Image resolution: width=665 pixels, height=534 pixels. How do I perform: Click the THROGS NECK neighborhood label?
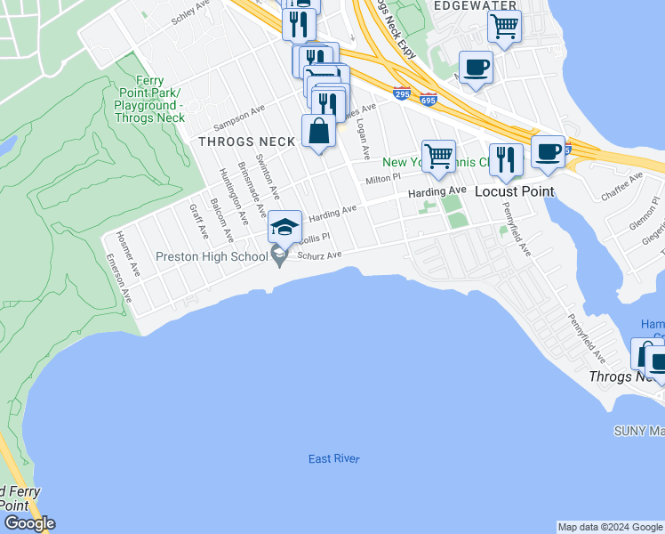[x=247, y=142]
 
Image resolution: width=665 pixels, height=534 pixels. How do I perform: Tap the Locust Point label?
[x=514, y=191]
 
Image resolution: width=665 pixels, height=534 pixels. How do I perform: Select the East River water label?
[x=334, y=459]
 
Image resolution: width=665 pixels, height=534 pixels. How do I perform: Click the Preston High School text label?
[x=212, y=256]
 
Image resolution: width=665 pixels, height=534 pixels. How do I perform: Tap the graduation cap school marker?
[x=284, y=228]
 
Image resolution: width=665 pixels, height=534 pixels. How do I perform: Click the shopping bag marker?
[x=318, y=132]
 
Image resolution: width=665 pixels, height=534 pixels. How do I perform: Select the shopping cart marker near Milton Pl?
[x=438, y=157]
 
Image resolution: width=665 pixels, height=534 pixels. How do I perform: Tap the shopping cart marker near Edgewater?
[x=504, y=27]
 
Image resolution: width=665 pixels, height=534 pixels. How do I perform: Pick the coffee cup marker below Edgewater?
[x=476, y=68]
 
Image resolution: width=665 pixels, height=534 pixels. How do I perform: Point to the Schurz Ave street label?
[x=320, y=255]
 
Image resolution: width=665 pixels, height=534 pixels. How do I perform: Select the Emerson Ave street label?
[x=118, y=279]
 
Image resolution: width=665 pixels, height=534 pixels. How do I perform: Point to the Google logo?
[x=29, y=523]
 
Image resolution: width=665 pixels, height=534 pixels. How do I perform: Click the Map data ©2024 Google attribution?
[x=610, y=527]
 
